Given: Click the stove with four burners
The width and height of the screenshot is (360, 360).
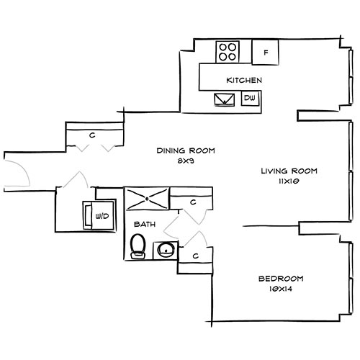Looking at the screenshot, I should tap(228, 51).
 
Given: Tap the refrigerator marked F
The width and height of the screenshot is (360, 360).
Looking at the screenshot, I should tap(266, 52).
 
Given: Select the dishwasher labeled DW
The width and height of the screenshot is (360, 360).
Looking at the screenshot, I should tap(250, 98).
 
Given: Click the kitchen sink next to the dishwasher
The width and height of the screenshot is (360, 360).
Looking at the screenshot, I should tap(225, 99).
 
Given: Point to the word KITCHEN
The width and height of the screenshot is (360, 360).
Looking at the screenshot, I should tap(243, 80).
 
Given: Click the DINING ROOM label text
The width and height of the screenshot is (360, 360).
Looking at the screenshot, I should tap(186, 150).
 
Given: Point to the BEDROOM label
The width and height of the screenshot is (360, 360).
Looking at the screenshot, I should tap(281, 279).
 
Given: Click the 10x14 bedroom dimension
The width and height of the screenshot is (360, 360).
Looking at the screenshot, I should tap(281, 289).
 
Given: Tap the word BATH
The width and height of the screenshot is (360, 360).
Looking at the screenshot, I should tap(143, 225).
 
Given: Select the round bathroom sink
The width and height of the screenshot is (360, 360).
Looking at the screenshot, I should tap(165, 251).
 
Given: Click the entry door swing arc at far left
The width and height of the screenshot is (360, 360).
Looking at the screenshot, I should tap(20, 171).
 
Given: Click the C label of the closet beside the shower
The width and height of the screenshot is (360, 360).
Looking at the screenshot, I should tap(193, 203).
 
